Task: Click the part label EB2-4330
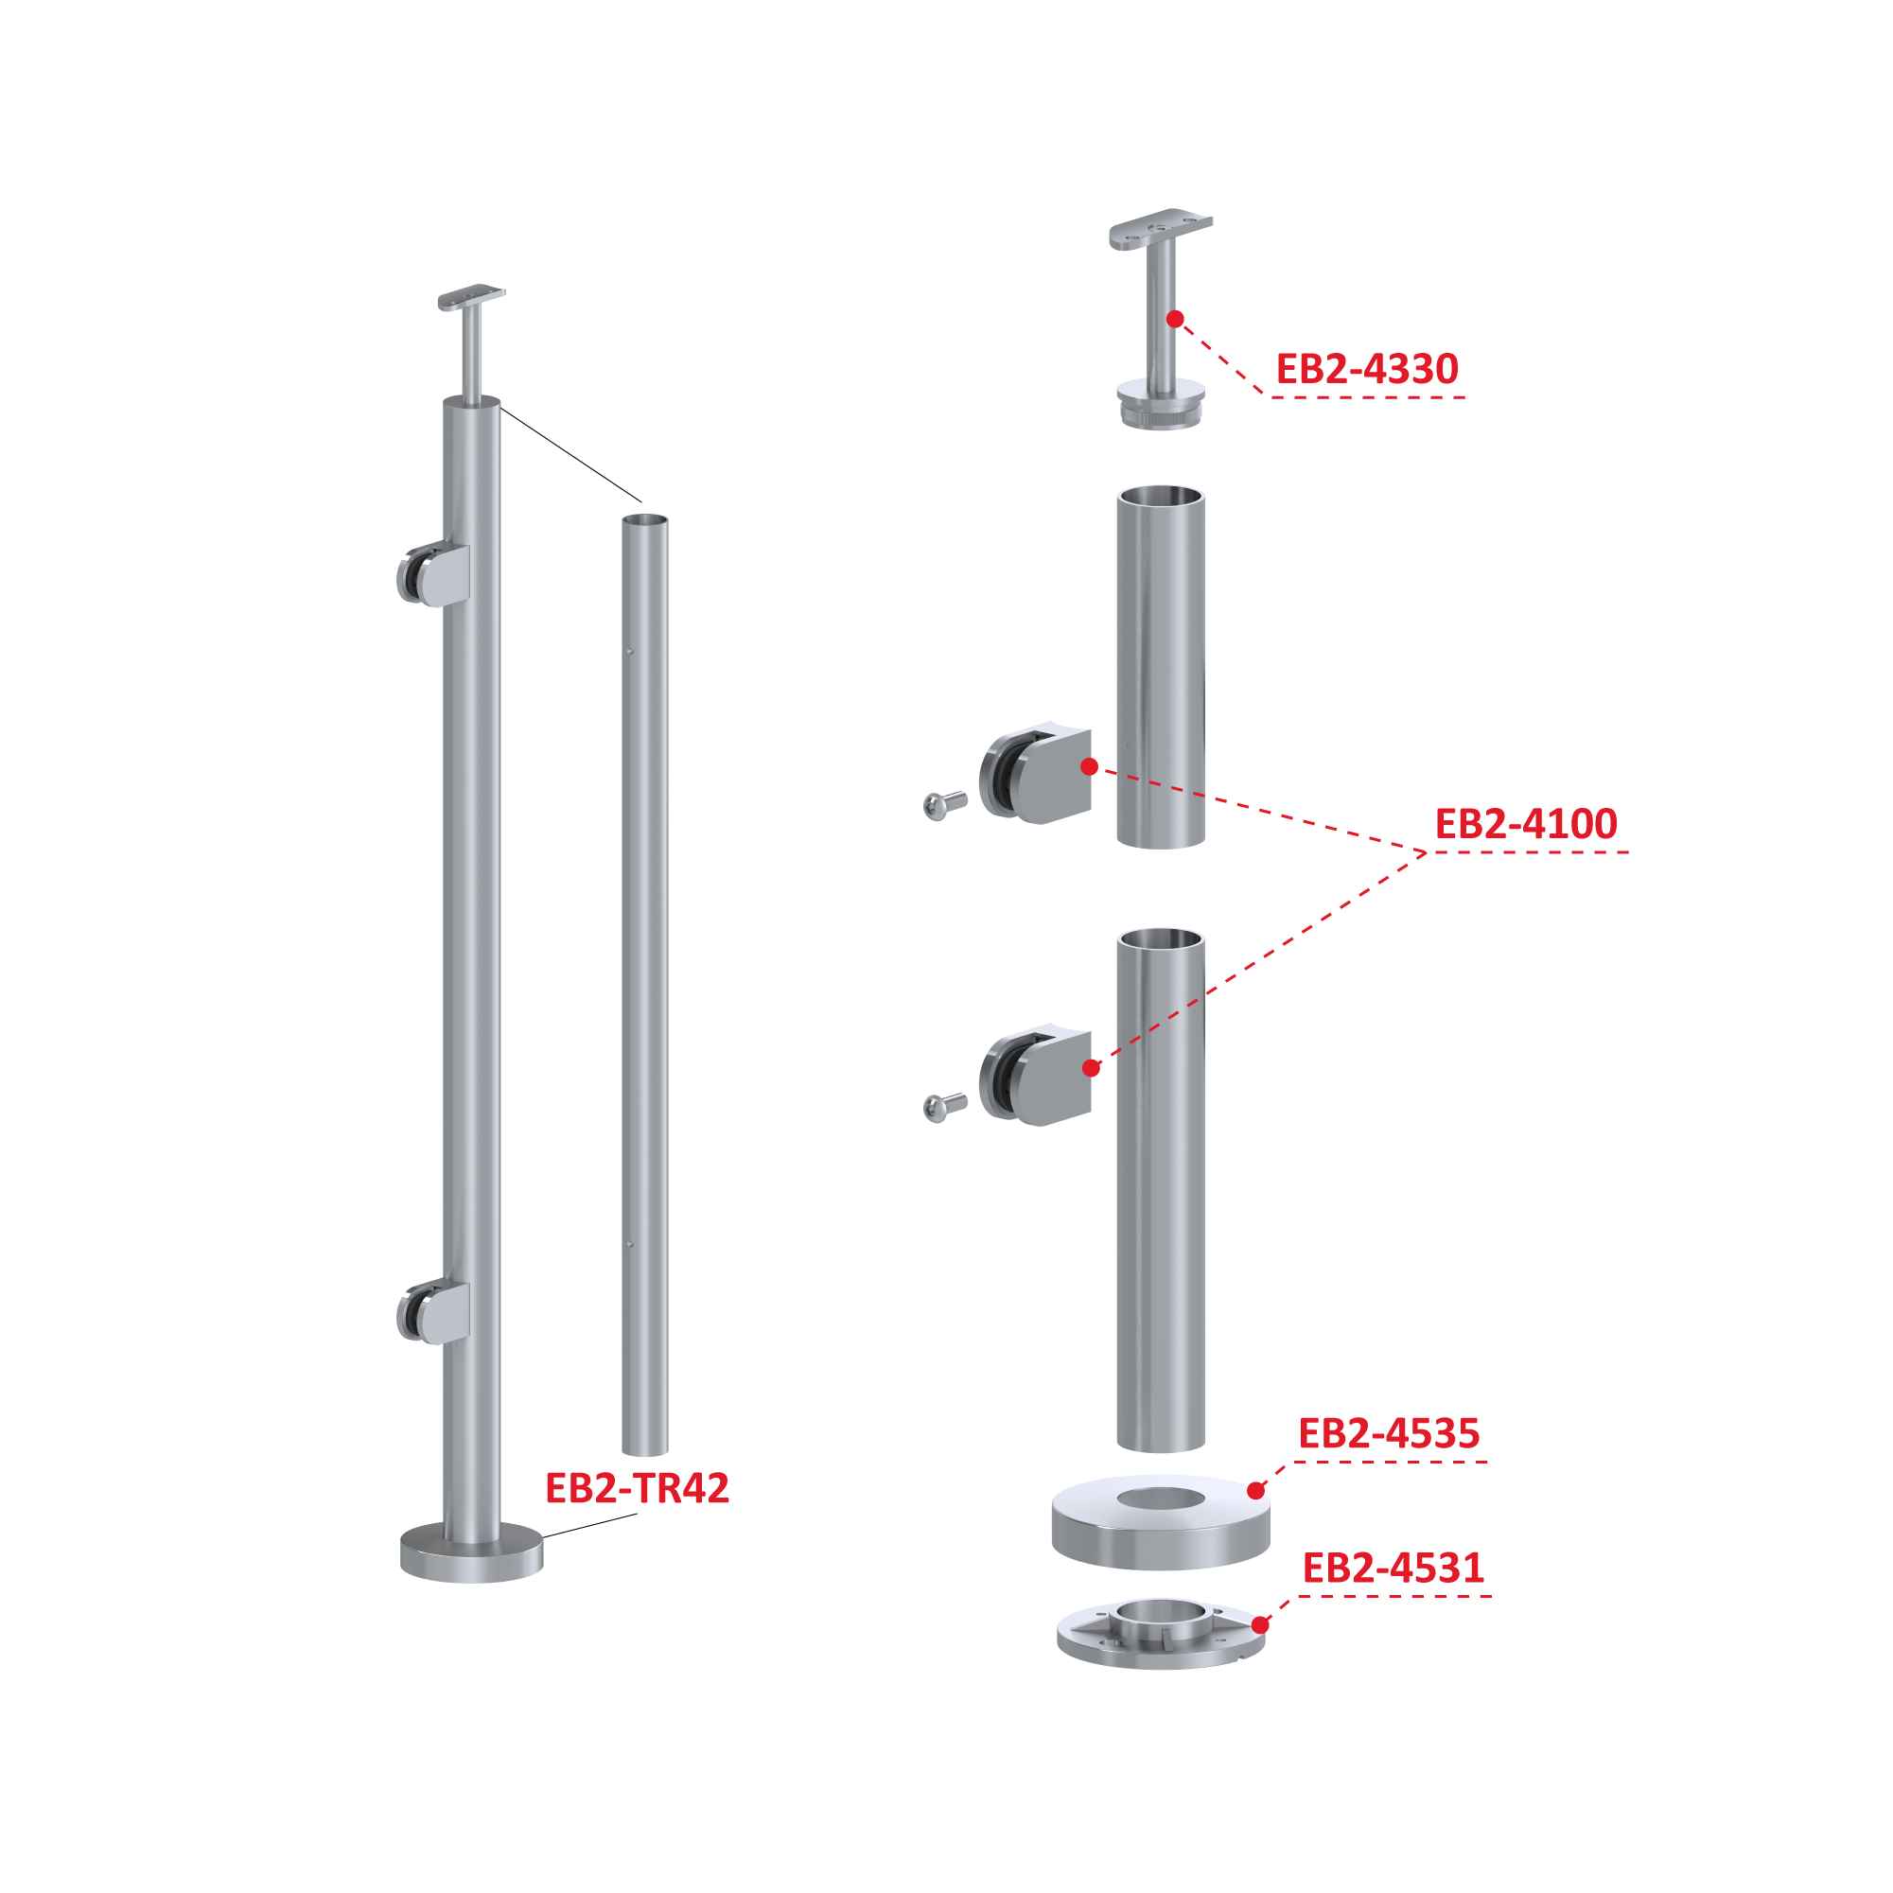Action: [1366, 369]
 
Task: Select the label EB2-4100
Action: [1526, 824]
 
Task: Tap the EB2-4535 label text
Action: [1389, 1433]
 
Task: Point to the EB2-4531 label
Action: [1393, 1569]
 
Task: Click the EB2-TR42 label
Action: [637, 1488]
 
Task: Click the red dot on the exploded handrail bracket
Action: [1175, 320]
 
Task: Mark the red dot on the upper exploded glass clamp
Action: [1089, 767]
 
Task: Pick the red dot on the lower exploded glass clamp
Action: [1092, 1068]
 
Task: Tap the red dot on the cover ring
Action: [1256, 1491]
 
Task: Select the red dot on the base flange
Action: [1260, 1625]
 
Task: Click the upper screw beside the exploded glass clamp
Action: [944, 805]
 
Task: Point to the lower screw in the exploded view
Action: [944, 1107]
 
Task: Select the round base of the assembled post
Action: [471, 1552]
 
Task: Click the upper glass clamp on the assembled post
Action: [433, 574]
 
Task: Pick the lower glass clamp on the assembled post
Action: [433, 1312]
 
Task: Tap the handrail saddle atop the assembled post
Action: [471, 297]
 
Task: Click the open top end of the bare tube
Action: [645, 520]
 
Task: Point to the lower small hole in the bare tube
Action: [630, 1244]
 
